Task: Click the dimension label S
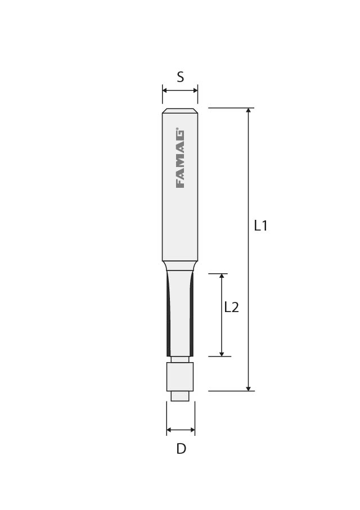click(181, 77)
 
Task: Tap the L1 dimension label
click(261, 225)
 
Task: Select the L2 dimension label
click(231, 307)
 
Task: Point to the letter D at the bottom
click(181, 449)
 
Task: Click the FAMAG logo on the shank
click(180, 159)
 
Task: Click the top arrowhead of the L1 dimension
click(249, 110)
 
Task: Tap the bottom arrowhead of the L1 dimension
click(249, 389)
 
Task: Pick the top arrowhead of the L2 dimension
click(222, 276)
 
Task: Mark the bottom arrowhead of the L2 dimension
click(222, 354)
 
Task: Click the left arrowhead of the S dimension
click(165, 91)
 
